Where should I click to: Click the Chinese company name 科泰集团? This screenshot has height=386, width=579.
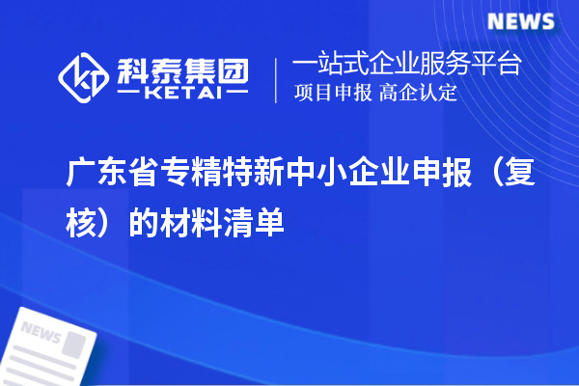pos(182,69)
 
